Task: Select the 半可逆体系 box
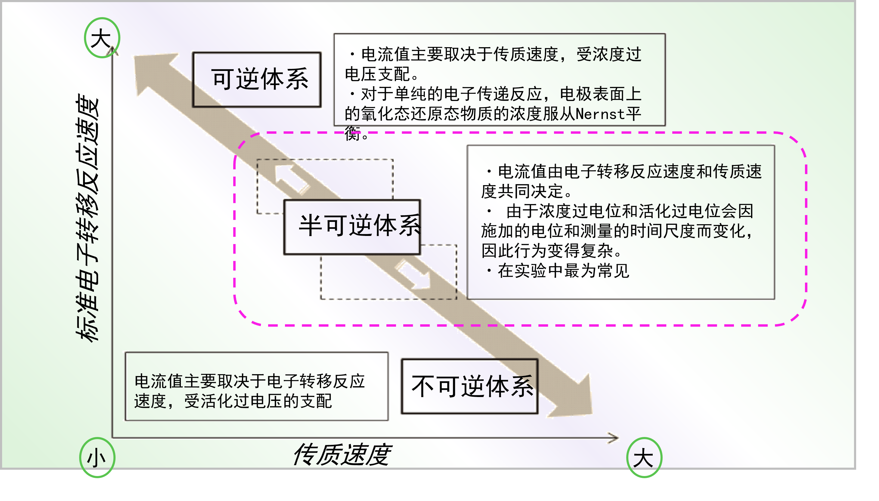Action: [x=352, y=226]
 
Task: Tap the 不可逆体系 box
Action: [x=470, y=386]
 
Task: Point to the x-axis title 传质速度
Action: [x=342, y=454]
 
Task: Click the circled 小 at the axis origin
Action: [x=97, y=458]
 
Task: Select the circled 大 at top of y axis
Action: [x=102, y=38]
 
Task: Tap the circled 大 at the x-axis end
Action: [x=643, y=458]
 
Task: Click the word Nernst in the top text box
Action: [x=600, y=114]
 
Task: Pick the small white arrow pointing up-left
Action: [x=291, y=178]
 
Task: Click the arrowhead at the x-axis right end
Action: [x=613, y=438]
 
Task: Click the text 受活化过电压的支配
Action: [x=258, y=401]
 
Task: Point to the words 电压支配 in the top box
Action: [x=377, y=74]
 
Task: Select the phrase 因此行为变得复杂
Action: [x=548, y=251]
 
